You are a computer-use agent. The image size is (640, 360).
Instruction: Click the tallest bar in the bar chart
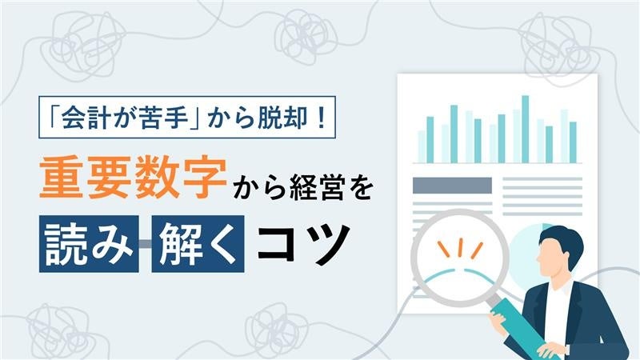click(x=526, y=128)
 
